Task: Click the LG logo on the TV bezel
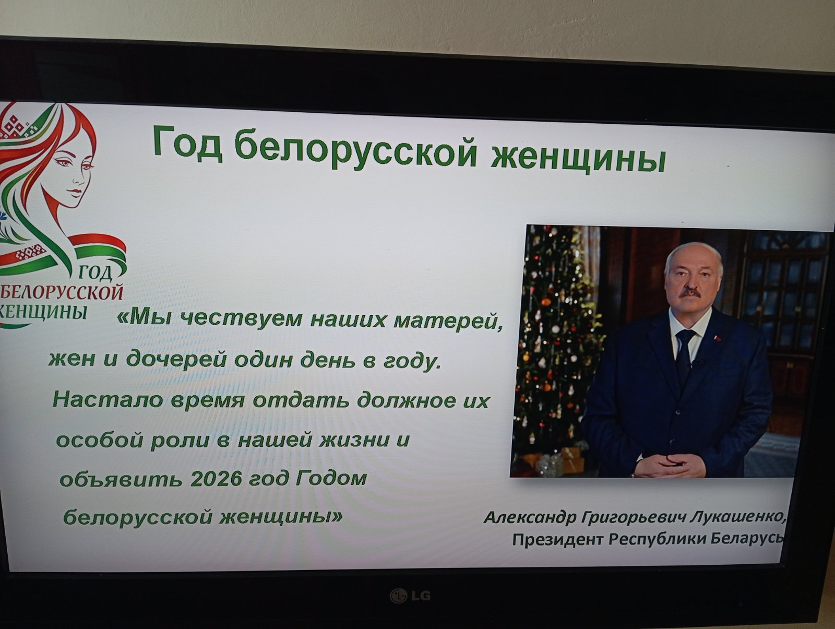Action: coord(411,596)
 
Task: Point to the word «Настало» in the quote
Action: coord(109,399)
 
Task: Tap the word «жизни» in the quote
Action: coord(354,440)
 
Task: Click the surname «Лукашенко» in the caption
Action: coord(737,517)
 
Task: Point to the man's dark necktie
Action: coord(685,358)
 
